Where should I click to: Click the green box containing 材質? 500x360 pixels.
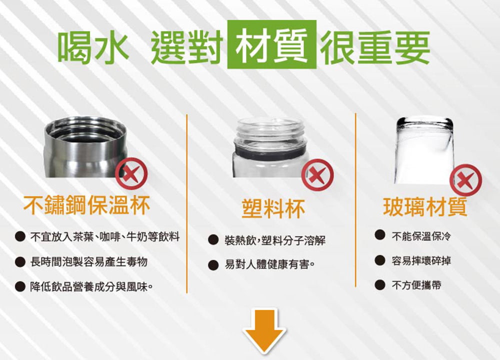tap(271, 44)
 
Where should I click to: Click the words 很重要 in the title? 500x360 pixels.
tap(375, 47)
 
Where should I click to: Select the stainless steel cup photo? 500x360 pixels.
tap(86, 146)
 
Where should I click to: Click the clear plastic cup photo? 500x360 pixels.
tap(271, 147)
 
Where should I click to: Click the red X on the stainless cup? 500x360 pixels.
tap(131, 174)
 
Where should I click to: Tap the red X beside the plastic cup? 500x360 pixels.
tap(317, 175)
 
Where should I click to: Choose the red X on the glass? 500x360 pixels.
tap(465, 180)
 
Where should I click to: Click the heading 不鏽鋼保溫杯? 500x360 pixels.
tap(86, 205)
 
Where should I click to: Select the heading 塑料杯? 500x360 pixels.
tap(273, 208)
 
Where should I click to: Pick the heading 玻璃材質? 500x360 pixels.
tap(425, 207)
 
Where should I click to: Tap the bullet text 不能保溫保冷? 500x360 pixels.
tap(421, 236)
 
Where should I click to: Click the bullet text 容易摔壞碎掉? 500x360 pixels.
tap(421, 260)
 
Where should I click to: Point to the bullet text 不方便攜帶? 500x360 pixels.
tap(416, 284)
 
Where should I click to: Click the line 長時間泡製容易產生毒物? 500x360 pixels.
tap(88, 262)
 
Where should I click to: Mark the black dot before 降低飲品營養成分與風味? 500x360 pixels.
tap(20, 286)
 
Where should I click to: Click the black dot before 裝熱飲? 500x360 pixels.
tap(213, 240)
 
